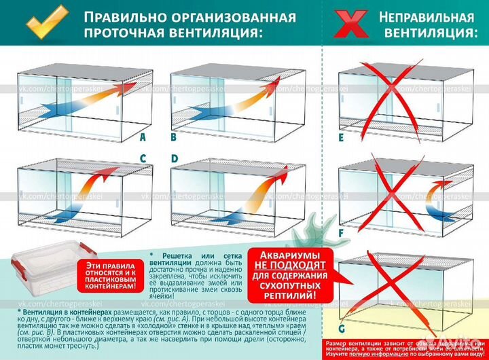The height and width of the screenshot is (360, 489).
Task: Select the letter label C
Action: tap(142, 158)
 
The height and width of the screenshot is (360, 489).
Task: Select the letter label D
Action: tap(174, 158)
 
